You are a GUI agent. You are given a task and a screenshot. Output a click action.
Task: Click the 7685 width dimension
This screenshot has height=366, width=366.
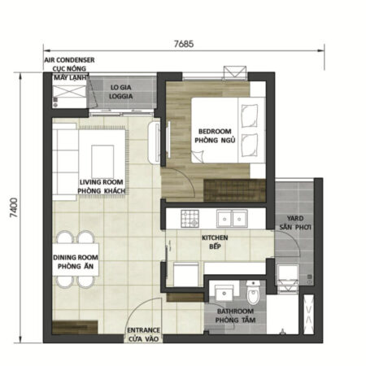(189, 42)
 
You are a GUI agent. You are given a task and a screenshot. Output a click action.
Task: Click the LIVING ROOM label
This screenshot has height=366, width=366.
(101, 182)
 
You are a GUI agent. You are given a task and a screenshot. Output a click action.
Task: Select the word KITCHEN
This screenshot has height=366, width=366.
(216, 237)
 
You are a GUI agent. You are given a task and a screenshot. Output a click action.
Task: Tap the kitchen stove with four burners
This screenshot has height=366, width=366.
(190, 218)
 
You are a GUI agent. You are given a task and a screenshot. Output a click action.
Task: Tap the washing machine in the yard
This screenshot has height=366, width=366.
(287, 277)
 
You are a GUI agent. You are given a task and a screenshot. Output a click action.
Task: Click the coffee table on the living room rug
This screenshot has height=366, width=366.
(104, 155)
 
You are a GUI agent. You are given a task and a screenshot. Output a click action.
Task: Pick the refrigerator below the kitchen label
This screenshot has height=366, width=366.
(186, 274)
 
